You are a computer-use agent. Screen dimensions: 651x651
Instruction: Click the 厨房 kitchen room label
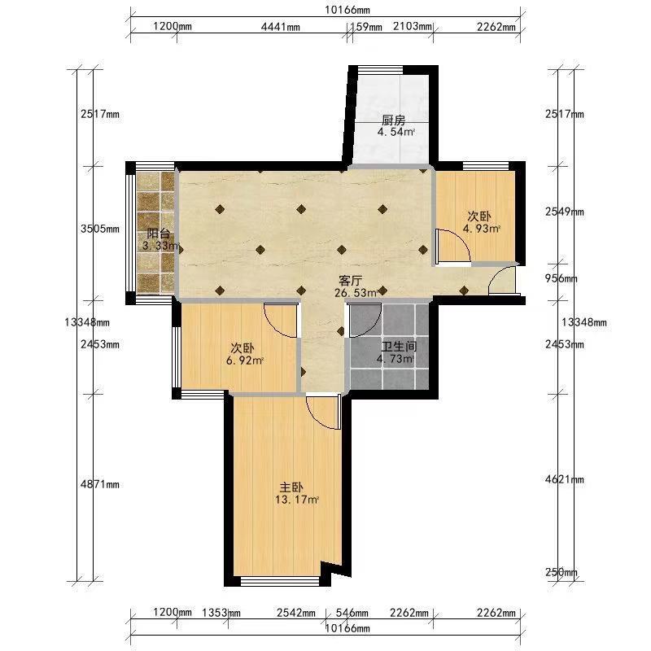coord(393,120)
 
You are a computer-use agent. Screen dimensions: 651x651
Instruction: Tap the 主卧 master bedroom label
coord(291,487)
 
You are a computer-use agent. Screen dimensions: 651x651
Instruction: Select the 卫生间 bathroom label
coord(399,347)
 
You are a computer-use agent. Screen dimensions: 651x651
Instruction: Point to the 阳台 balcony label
coord(158,233)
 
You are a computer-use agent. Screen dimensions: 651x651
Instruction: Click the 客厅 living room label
coord(351,280)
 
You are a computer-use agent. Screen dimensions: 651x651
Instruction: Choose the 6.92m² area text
coord(245,360)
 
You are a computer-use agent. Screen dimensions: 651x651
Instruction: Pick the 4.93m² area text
coord(482,229)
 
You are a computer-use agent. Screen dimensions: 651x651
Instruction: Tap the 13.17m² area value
coord(296,500)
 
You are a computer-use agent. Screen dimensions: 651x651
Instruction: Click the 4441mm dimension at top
coord(280,27)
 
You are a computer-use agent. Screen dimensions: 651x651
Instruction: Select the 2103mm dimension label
coord(413,27)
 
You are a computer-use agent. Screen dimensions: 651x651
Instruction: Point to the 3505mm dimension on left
coord(100,229)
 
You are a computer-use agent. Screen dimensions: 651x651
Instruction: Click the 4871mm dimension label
coord(100,484)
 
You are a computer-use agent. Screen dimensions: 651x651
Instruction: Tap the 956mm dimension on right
coord(561,278)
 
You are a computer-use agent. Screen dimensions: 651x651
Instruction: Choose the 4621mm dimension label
coord(565,479)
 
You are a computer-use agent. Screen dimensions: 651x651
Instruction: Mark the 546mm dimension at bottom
coord(352,613)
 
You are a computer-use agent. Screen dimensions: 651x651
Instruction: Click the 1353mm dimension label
coord(221,613)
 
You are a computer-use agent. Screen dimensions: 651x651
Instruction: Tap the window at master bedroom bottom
coord(280,581)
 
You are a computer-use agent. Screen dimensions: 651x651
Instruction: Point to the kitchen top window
coord(381,70)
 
